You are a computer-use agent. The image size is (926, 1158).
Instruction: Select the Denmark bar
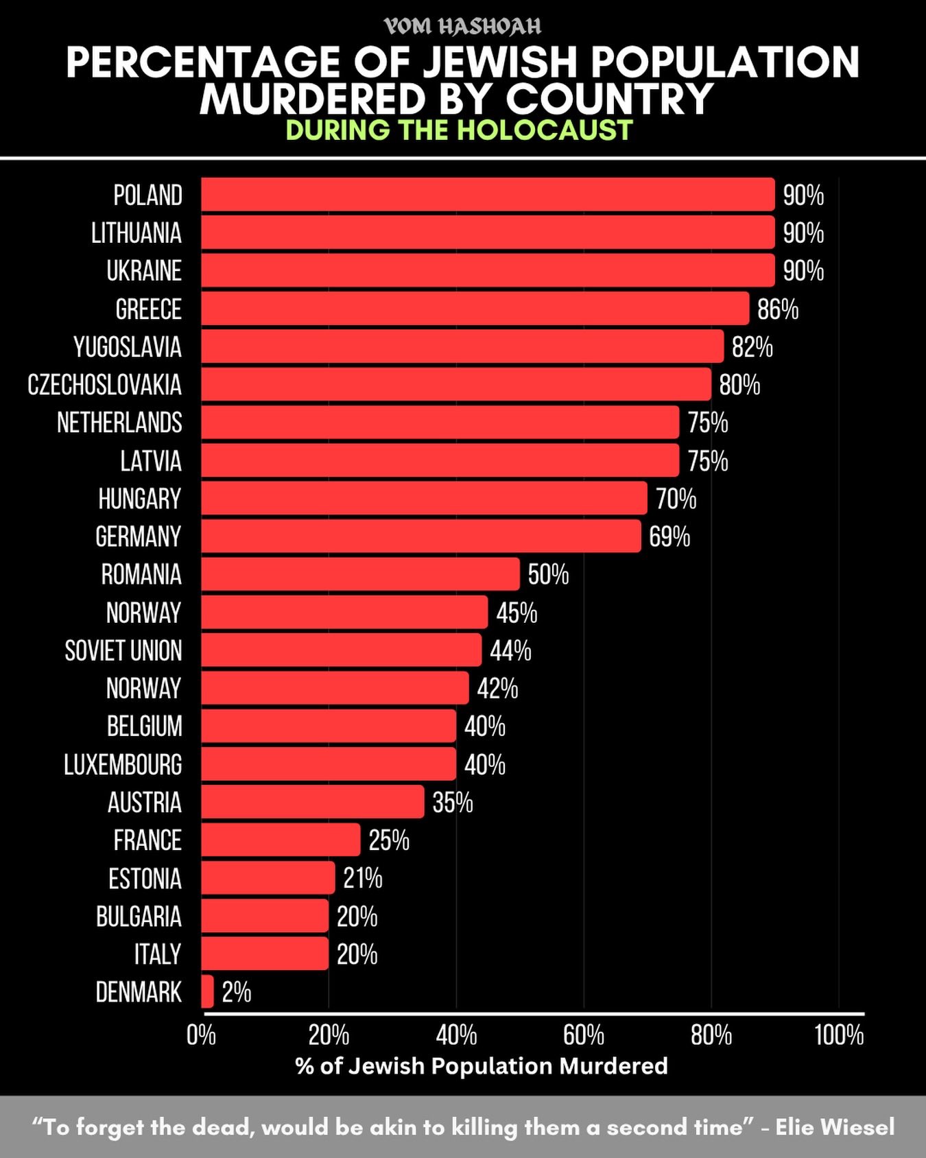click(x=207, y=991)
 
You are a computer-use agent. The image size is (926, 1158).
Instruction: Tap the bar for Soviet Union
click(x=341, y=650)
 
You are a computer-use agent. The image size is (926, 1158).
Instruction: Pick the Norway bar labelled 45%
click(x=344, y=612)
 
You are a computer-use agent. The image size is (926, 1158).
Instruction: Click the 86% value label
click(x=778, y=309)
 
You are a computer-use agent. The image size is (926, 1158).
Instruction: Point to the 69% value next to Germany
click(x=669, y=536)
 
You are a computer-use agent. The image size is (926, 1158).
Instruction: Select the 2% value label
click(x=237, y=992)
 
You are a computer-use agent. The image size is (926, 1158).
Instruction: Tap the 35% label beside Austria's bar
click(x=453, y=802)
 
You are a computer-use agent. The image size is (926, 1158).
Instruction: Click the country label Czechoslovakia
click(x=105, y=385)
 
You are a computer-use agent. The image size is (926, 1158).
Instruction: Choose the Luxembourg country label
click(x=123, y=764)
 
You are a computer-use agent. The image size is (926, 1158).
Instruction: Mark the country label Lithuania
click(x=136, y=233)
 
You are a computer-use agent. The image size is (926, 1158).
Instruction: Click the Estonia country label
click(x=145, y=878)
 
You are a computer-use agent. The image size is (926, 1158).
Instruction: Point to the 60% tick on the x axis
click(x=584, y=1035)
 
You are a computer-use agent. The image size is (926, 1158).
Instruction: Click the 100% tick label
click(x=839, y=1035)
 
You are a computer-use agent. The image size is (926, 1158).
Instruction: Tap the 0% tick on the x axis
click(x=201, y=1035)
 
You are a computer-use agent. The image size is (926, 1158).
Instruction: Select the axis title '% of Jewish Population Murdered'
click(x=482, y=1065)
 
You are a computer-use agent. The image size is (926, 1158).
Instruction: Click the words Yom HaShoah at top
click(x=462, y=26)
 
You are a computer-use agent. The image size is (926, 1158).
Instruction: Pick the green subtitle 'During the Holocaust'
click(x=459, y=130)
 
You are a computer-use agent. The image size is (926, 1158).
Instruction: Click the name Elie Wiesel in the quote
click(x=835, y=1126)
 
